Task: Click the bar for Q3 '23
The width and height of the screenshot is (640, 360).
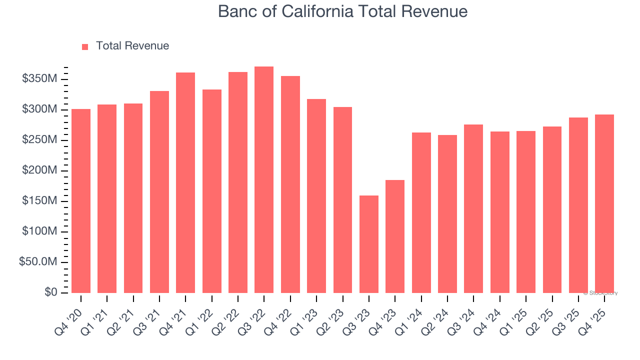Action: point(369,244)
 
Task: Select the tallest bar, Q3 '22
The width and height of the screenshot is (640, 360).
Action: point(264,179)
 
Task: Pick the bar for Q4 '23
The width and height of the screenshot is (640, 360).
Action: point(395,236)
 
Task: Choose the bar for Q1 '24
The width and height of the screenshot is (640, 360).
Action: point(421,212)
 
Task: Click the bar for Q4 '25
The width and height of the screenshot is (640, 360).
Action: point(604,203)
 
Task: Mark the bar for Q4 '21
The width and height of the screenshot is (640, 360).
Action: point(185,182)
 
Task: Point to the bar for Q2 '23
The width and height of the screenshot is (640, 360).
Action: point(342,199)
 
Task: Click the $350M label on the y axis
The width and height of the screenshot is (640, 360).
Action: point(39,79)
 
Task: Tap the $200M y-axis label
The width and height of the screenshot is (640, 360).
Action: point(39,170)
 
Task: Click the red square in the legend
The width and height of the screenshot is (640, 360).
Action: point(85,46)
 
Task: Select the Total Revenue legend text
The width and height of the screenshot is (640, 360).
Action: point(132,46)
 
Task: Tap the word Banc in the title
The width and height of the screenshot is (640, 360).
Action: point(237,11)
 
